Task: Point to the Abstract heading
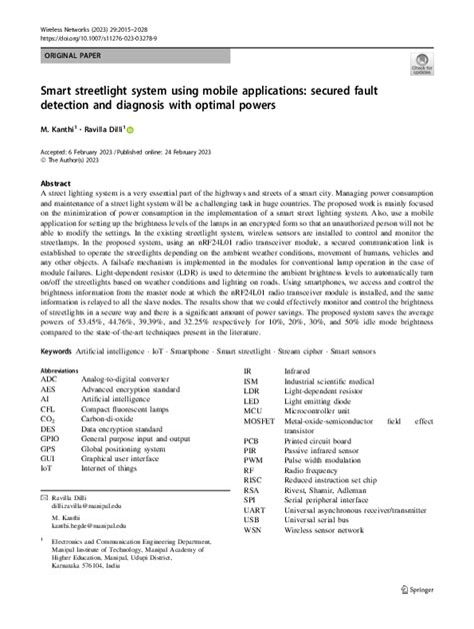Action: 55,185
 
